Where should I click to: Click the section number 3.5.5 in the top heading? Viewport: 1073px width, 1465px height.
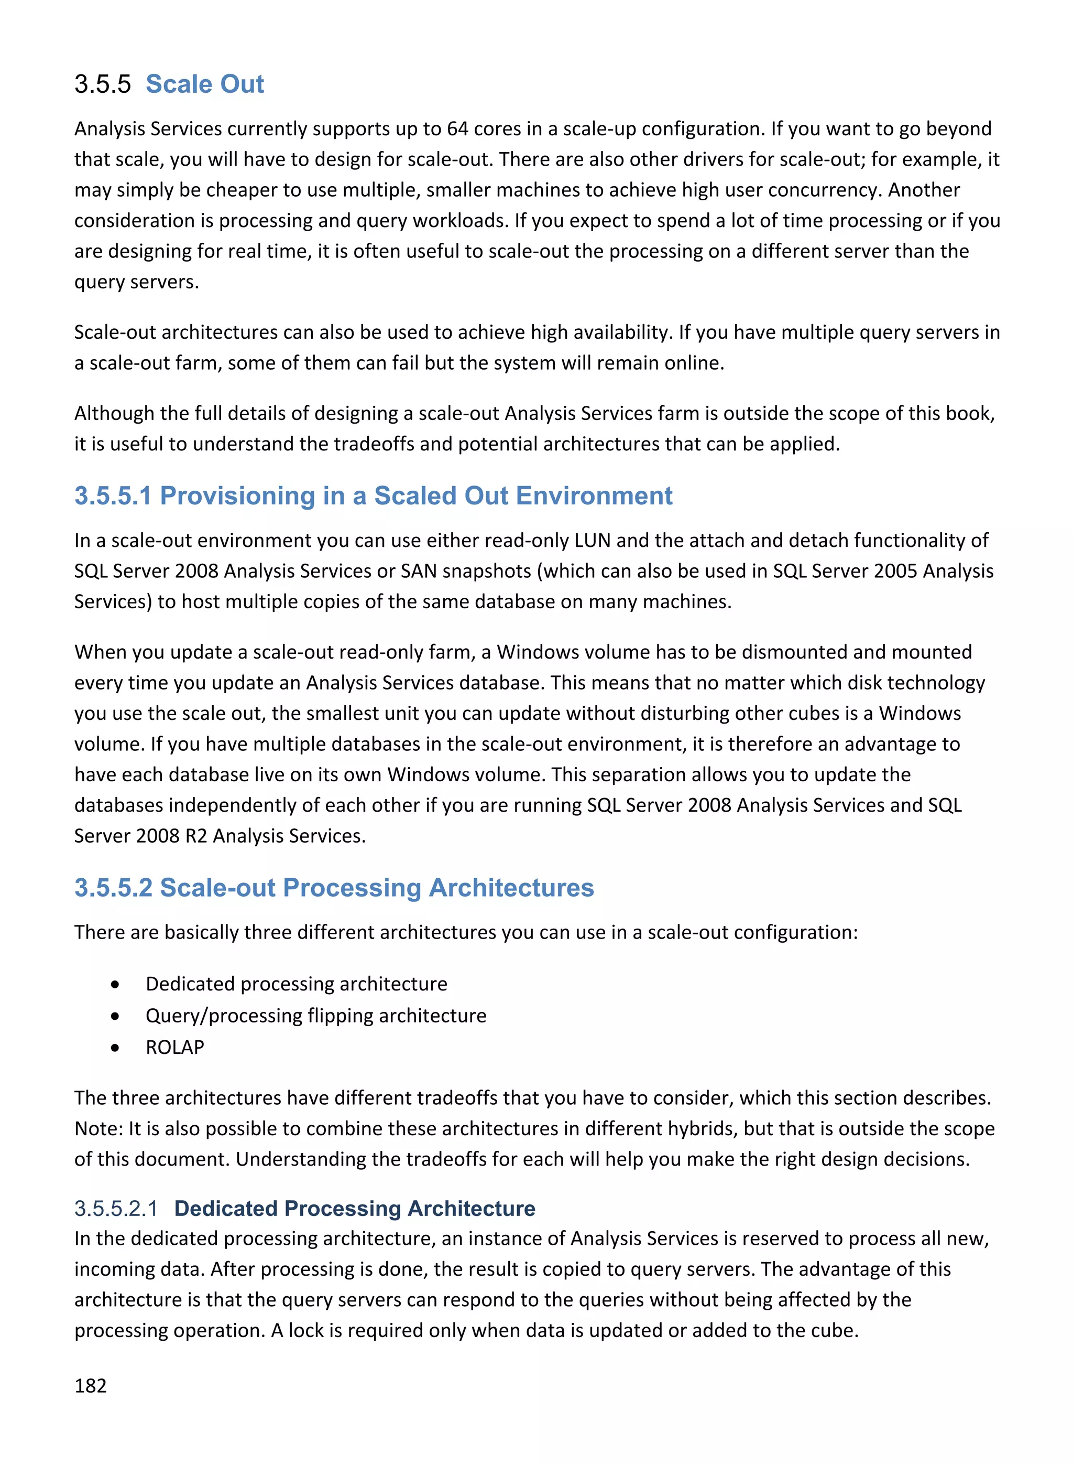(x=103, y=84)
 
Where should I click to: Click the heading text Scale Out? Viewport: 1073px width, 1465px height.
(x=205, y=84)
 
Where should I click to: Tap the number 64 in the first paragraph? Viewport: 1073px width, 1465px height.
(x=457, y=128)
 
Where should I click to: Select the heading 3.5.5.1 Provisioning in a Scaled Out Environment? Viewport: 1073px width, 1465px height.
(x=373, y=496)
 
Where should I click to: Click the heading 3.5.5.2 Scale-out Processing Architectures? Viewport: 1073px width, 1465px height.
(x=334, y=888)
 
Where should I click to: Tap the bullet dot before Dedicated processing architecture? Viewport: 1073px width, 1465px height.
(x=115, y=985)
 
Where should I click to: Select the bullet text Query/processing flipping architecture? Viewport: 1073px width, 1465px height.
(x=315, y=1016)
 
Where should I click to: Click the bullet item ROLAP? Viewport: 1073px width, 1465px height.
(x=174, y=1048)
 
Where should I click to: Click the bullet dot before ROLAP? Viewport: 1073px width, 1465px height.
(x=115, y=1048)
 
